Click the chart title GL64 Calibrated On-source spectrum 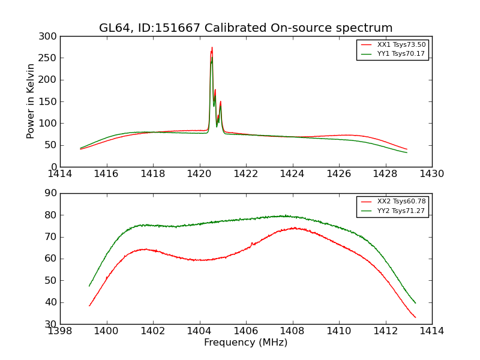tap(246, 28)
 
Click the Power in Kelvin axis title tap(31, 101)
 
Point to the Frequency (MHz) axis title tap(246, 343)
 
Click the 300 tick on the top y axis tap(50, 37)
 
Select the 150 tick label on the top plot tap(50, 101)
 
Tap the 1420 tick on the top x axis tap(199, 174)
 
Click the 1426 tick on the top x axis tap(339, 174)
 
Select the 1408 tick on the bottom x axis tap(292, 331)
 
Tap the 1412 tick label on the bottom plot tap(385, 331)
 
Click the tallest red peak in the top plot tap(212, 48)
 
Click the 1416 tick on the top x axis tap(107, 174)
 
